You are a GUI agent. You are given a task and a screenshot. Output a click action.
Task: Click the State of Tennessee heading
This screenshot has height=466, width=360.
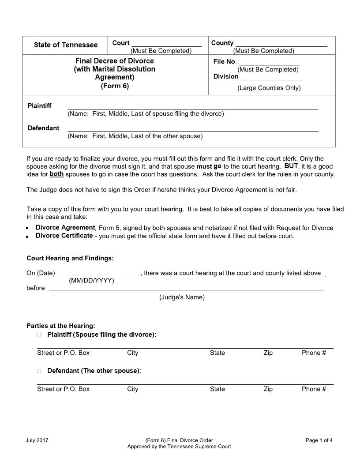(x=66, y=45)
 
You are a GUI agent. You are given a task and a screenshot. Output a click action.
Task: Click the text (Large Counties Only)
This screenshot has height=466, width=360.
(x=269, y=88)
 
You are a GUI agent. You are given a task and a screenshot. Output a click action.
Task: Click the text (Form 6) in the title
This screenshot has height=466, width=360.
(x=115, y=86)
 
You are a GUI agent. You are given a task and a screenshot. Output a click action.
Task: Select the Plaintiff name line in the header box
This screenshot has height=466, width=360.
(x=192, y=107)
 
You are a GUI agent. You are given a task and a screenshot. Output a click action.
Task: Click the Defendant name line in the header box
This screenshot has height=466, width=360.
(x=192, y=129)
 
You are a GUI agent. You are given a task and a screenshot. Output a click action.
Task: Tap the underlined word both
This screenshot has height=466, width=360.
(x=56, y=174)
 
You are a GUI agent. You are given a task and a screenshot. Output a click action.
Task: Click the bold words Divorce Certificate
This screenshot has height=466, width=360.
(x=64, y=236)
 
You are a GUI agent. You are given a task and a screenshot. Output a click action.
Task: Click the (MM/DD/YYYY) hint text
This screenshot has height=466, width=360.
(x=91, y=281)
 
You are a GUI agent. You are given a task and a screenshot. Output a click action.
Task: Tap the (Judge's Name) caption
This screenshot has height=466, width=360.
(x=182, y=297)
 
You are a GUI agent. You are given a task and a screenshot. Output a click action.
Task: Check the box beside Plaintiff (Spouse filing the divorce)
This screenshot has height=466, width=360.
(x=40, y=335)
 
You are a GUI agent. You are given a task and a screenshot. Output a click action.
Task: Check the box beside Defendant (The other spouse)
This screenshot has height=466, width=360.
(x=40, y=371)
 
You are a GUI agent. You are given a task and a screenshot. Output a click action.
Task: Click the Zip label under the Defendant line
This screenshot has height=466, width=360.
(x=268, y=389)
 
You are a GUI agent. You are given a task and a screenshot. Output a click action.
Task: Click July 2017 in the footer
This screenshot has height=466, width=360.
(x=37, y=440)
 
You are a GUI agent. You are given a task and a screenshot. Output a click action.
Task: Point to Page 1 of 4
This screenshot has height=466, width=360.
(x=319, y=440)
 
